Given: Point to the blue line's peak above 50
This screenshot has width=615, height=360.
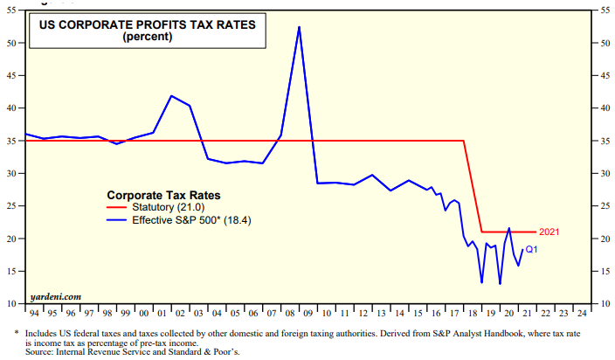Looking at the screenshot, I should [x=299, y=27].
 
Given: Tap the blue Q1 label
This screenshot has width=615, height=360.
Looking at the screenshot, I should [x=531, y=250].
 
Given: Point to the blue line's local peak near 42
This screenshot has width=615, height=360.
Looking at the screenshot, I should [x=172, y=95].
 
